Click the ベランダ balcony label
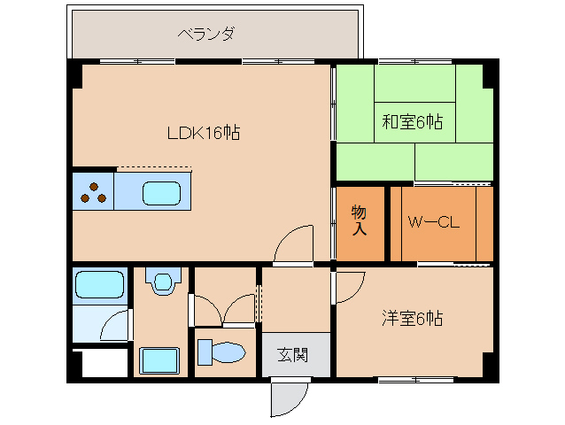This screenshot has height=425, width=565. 205,35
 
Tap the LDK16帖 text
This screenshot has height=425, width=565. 204,133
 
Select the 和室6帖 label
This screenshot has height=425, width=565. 413,121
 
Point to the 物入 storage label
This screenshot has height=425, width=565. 360,220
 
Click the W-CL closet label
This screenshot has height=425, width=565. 433,223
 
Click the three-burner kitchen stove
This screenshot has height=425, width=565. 93,193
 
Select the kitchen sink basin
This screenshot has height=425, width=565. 161,192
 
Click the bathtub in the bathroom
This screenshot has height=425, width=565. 98,285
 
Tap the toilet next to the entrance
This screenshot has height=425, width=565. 221,352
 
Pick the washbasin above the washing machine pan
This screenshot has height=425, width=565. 162,282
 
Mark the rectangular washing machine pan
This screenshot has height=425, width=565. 162,361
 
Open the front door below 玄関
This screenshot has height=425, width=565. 289,398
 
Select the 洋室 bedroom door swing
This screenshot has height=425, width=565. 349,286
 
